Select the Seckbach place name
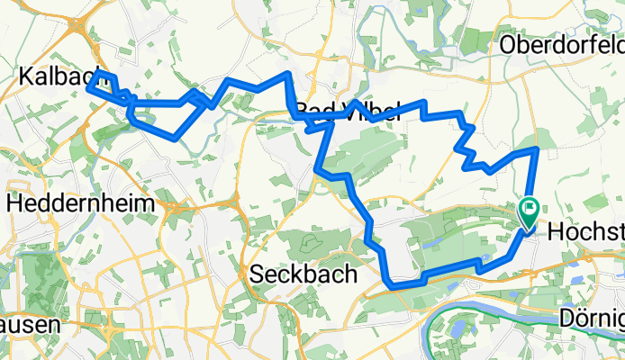coord(303,273)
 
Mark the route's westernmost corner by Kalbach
coord(88,87)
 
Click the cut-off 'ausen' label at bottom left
coord(18,321)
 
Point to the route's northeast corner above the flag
coord(537,148)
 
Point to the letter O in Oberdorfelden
coord(507,44)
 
